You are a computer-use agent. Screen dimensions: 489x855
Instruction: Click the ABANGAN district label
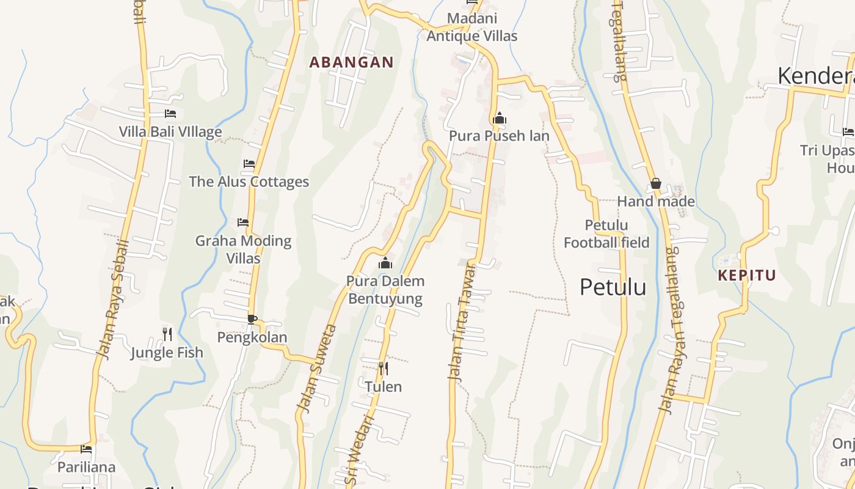pos(351,62)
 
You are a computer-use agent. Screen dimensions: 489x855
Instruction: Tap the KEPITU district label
pos(746,275)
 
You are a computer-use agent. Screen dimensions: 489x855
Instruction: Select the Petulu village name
pos(613,287)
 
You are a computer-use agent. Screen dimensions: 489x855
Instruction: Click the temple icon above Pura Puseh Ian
pos(500,118)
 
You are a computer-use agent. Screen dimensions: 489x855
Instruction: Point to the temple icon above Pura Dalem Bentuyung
pos(385,263)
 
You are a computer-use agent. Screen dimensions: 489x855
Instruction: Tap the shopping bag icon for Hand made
pos(655,183)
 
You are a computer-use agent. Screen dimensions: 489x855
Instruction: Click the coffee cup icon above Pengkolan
pos(252,319)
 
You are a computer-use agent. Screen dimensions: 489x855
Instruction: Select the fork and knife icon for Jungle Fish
pos(167,334)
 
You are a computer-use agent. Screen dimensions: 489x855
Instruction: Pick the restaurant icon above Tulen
pos(383,368)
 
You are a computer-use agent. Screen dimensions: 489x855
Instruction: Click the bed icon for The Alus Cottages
pos(249,164)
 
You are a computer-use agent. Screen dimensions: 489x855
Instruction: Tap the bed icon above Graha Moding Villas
pos(243,222)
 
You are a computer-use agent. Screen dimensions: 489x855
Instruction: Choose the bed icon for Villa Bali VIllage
pos(170,114)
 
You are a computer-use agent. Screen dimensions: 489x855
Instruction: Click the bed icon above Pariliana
pos(86,449)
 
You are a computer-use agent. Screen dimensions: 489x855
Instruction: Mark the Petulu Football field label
pos(606,234)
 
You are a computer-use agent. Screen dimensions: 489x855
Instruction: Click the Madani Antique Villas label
pos(471,28)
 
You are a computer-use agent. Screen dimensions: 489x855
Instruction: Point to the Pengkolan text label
pos(252,337)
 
